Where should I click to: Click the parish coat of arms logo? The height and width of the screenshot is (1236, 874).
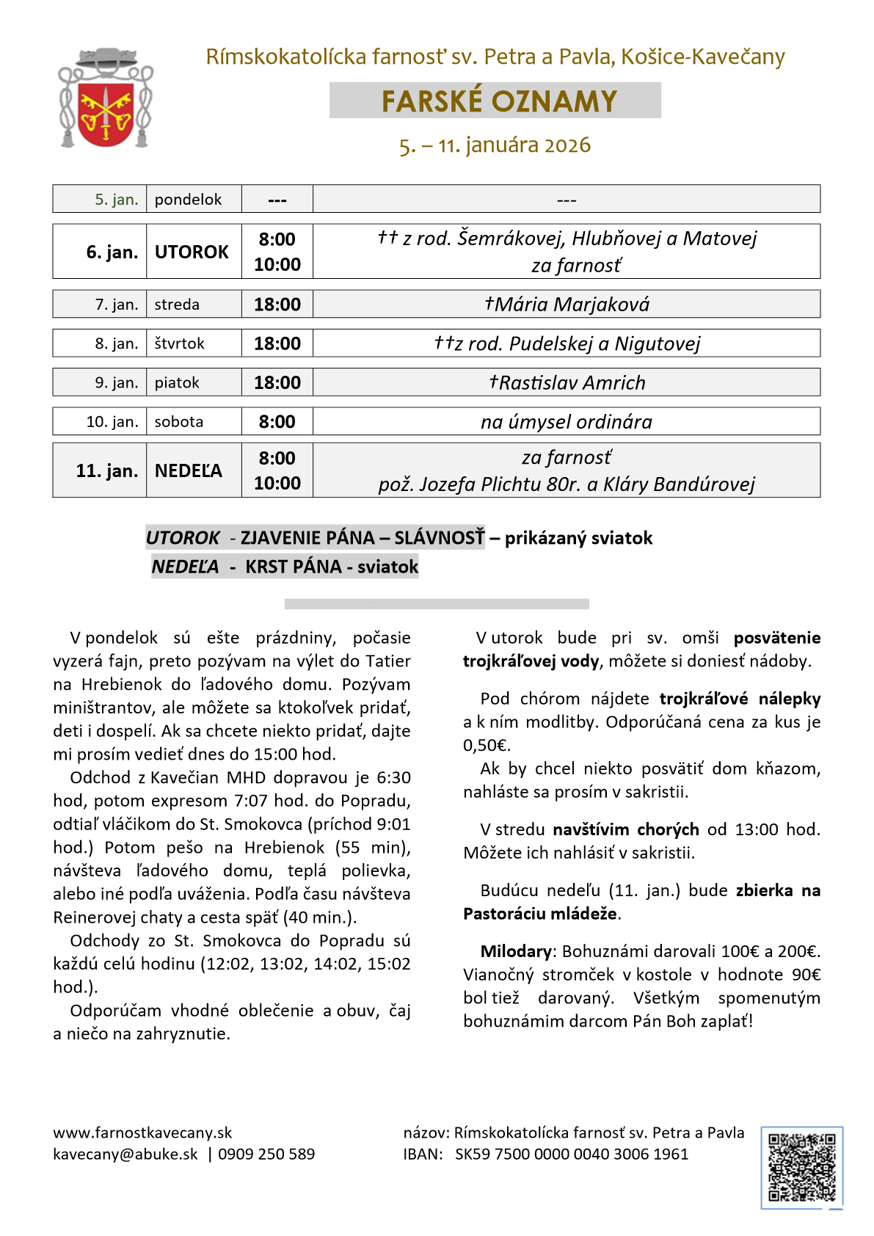click(x=105, y=98)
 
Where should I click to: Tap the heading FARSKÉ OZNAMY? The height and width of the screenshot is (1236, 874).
click(x=498, y=101)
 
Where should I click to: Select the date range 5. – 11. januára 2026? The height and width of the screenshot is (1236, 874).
click(x=495, y=145)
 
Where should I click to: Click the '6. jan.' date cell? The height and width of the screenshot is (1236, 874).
click(x=112, y=252)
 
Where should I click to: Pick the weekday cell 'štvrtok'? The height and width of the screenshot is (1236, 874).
click(x=179, y=343)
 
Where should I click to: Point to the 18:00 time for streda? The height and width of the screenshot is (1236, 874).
click(x=277, y=305)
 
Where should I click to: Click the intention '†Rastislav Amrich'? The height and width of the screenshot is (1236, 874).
click(x=567, y=382)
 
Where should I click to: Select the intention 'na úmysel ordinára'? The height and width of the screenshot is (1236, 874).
click(x=566, y=422)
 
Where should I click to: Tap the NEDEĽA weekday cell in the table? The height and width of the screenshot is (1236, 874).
click(x=188, y=470)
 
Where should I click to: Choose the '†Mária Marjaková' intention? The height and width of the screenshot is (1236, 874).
click(x=567, y=305)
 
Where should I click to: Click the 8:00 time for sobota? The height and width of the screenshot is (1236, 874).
click(x=277, y=422)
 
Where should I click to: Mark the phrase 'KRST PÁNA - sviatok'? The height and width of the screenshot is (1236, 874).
click(x=332, y=567)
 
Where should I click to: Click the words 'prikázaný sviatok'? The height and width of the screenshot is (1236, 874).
click(x=578, y=538)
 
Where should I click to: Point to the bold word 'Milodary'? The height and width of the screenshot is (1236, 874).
click(x=516, y=951)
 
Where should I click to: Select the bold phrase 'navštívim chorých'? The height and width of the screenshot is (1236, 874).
click(x=626, y=829)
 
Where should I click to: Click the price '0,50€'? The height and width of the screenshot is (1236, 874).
click(x=487, y=745)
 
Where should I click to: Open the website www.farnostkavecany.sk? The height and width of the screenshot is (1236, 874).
click(x=142, y=1133)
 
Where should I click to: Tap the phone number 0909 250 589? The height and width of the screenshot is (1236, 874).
click(x=266, y=1154)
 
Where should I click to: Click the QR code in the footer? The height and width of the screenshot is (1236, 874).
click(x=801, y=1167)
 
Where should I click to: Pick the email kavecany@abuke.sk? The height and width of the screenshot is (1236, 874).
click(x=125, y=1154)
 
